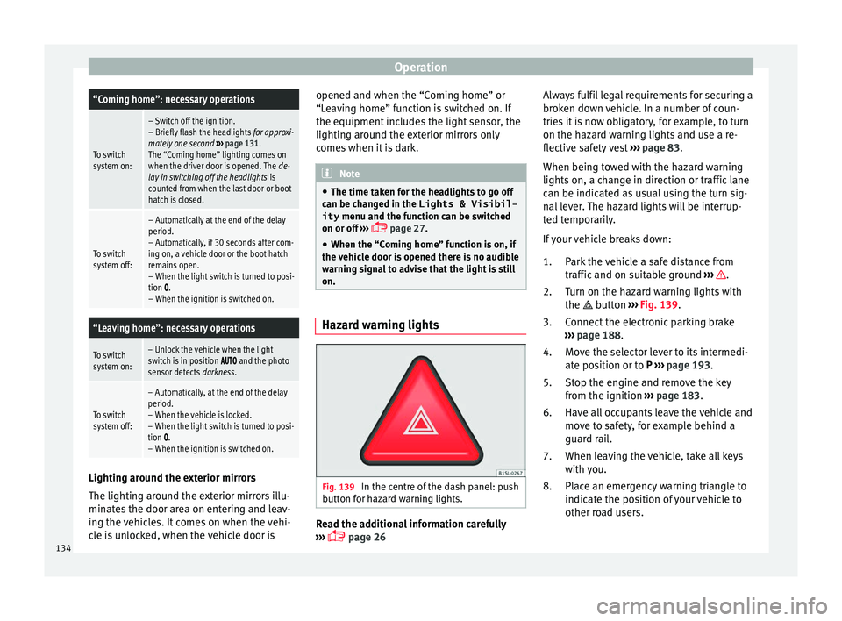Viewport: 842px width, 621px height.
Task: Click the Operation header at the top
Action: [420, 67]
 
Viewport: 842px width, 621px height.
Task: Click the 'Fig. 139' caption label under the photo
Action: [335, 487]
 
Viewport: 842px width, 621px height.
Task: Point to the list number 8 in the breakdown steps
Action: [548, 487]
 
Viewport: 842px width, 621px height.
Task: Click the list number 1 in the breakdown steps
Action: [548, 261]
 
